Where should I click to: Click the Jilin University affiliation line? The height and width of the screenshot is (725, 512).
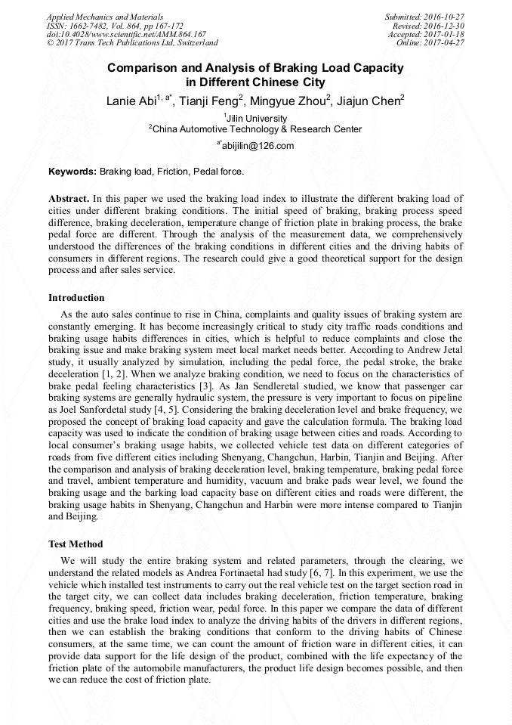256,119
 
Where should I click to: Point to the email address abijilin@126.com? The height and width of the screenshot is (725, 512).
256,146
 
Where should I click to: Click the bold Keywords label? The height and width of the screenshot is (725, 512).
72,172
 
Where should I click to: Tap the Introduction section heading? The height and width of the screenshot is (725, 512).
76,298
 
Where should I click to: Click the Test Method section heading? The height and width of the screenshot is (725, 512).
76,544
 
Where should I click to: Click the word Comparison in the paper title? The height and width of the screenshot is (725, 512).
146,68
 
